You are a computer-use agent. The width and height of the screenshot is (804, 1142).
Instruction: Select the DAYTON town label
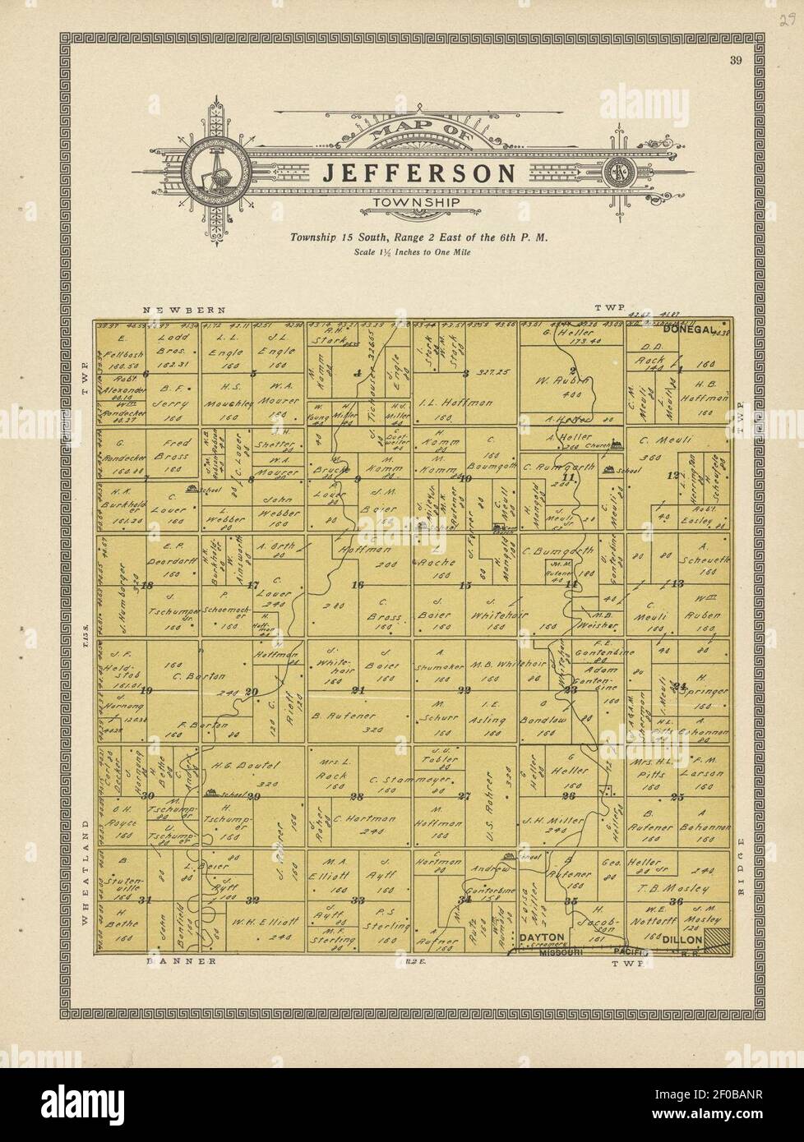pyautogui.click(x=540, y=937)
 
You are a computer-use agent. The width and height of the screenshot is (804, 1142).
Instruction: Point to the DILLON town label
pyautogui.click(x=682, y=939)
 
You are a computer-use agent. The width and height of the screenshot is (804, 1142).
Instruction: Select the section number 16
pyautogui.click(x=357, y=586)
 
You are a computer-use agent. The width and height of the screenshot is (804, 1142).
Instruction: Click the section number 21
pyautogui.click(x=358, y=689)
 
